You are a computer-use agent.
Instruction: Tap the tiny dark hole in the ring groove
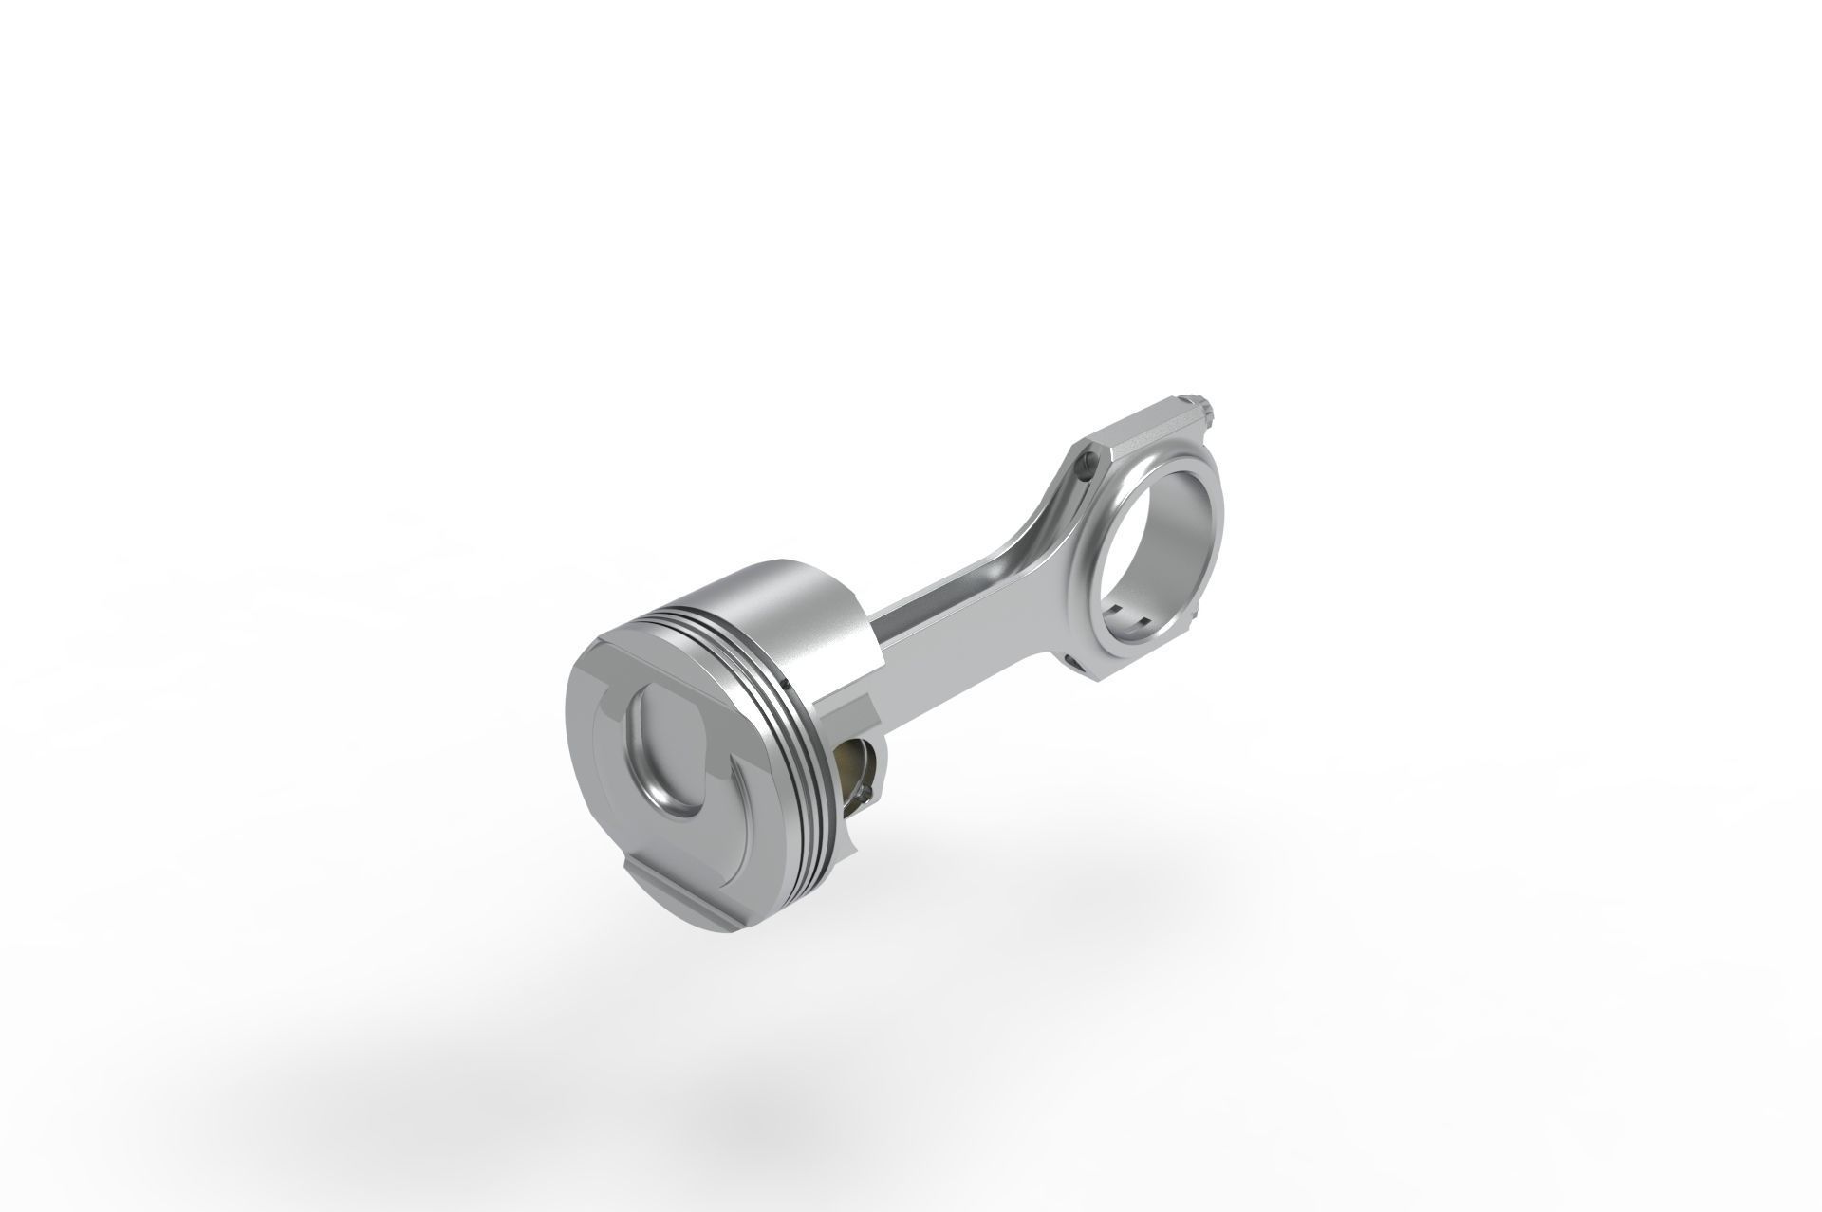pyautogui.click(x=787, y=682)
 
